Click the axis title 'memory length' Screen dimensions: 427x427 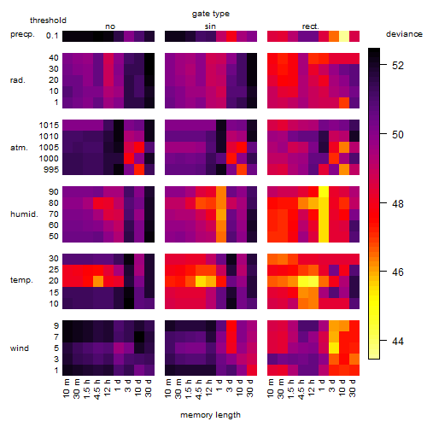click(210, 415)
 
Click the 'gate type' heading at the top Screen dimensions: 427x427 click(211, 14)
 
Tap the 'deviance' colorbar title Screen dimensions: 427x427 click(404, 34)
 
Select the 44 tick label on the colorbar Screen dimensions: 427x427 click(398, 341)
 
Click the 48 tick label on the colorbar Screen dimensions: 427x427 click(398, 203)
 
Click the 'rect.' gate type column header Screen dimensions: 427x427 click(310, 26)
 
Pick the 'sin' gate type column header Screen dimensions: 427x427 click(210, 26)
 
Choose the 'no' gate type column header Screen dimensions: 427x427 click(110, 26)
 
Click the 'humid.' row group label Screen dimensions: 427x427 click(24, 214)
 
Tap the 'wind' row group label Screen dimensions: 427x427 click(20, 348)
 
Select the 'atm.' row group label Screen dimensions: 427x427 click(19, 148)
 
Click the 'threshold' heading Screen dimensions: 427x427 click(48, 20)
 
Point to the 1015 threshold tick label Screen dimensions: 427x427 click(49, 126)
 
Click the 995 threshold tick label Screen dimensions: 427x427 click(51, 170)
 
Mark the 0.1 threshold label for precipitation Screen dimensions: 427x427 click(52, 36)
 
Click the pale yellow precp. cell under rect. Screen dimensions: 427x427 click(344, 36)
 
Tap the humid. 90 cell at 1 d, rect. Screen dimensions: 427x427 click(324, 192)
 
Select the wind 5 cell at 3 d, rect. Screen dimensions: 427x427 click(334, 348)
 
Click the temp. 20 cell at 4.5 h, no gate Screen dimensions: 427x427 click(98, 281)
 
